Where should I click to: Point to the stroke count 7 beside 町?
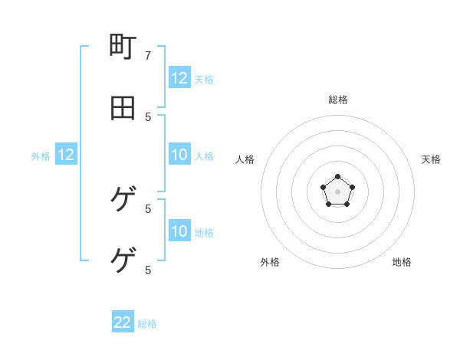coord(148,55)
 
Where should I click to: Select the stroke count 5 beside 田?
coord(148,116)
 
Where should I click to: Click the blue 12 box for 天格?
coord(179,77)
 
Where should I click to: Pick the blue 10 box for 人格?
coord(179,155)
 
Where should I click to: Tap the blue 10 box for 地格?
coord(179,231)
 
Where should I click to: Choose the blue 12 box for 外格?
coord(66,155)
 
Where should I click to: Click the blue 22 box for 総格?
coord(123,322)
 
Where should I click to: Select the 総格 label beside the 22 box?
coord(147,324)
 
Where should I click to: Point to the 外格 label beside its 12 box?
coord(41,156)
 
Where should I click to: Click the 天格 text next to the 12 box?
coord(204,79)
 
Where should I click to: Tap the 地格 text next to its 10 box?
coord(204,233)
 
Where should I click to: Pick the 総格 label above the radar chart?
coord(338,100)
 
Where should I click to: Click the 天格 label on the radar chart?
coord(432,159)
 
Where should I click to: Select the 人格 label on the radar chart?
coord(245,159)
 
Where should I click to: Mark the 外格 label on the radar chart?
coord(270,262)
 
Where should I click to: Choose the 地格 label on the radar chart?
coord(402,262)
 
